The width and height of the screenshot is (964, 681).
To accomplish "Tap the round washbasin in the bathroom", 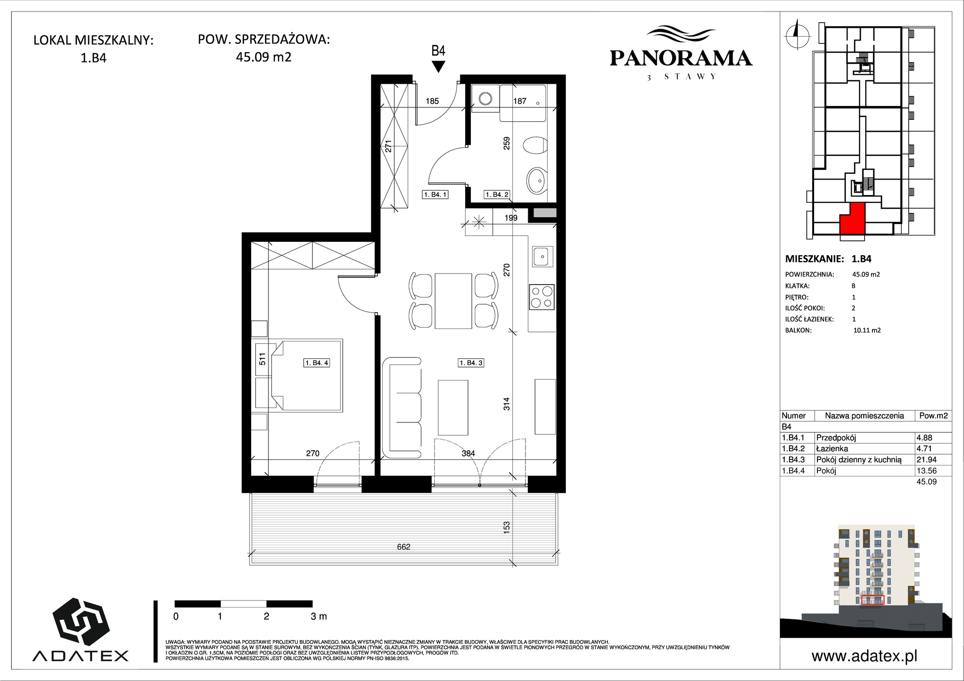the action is click(x=536, y=180).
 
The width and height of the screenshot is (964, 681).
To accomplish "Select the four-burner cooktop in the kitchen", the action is click(x=542, y=297).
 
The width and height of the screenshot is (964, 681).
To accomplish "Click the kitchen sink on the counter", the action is click(x=543, y=256).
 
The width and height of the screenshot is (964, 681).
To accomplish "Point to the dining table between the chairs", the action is click(x=453, y=301).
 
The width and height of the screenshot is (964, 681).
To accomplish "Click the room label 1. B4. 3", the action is click(x=471, y=363).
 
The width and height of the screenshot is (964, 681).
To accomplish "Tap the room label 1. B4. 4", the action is click(x=317, y=363).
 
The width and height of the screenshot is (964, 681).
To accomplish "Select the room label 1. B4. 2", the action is click(x=497, y=195).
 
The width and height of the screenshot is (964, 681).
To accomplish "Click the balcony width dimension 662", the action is click(x=403, y=547).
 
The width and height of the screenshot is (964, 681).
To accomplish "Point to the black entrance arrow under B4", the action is click(x=438, y=67).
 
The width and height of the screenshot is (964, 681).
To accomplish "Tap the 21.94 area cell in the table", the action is click(x=926, y=459).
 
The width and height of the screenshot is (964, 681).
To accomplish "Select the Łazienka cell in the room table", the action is click(x=832, y=448).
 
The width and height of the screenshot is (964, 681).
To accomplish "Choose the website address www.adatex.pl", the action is click(x=864, y=656).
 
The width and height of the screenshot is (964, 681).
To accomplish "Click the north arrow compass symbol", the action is click(x=797, y=34).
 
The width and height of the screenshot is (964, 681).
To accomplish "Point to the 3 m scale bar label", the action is click(x=319, y=616).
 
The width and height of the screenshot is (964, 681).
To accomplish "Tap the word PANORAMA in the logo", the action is click(x=681, y=58).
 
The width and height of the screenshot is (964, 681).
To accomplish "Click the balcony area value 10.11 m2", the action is click(x=867, y=330).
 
